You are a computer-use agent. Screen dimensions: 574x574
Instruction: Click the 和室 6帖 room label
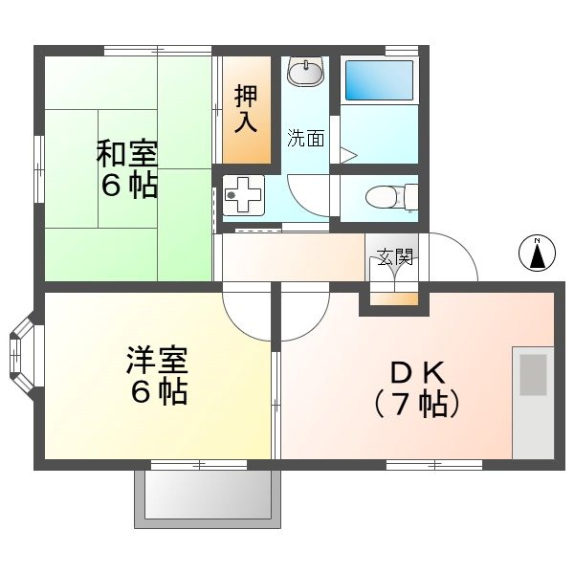[x=127, y=168]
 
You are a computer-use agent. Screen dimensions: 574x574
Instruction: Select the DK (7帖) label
[x=415, y=386]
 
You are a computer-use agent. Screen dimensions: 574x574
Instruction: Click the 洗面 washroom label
[x=306, y=139]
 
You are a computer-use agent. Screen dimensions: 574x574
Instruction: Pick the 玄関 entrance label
[x=393, y=256]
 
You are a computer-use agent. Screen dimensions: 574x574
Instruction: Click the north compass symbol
[x=537, y=254]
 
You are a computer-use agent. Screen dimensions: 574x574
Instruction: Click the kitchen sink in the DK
[x=534, y=374]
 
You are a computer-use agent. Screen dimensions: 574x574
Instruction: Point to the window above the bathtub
[x=402, y=49]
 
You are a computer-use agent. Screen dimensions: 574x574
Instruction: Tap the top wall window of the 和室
[x=157, y=49]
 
